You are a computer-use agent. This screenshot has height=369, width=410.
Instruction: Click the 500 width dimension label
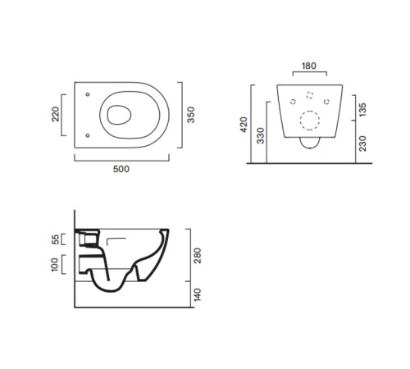tap(121, 169)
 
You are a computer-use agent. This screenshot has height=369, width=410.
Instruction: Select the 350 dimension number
tap(191, 115)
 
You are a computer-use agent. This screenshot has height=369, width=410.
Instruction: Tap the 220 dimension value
tap(55, 114)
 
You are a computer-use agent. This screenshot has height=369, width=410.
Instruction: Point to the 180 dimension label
tap(309, 66)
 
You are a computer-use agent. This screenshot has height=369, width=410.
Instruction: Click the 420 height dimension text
tap(244, 125)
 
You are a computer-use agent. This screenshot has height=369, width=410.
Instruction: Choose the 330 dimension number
tap(261, 135)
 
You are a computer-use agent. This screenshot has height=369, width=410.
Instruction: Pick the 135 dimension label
tap(362, 110)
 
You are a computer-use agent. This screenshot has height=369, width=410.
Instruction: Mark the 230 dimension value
tap(362, 143)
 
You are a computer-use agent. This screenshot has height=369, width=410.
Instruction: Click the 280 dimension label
tap(197, 256)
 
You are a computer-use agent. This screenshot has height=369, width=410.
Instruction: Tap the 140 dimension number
tap(197, 294)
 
